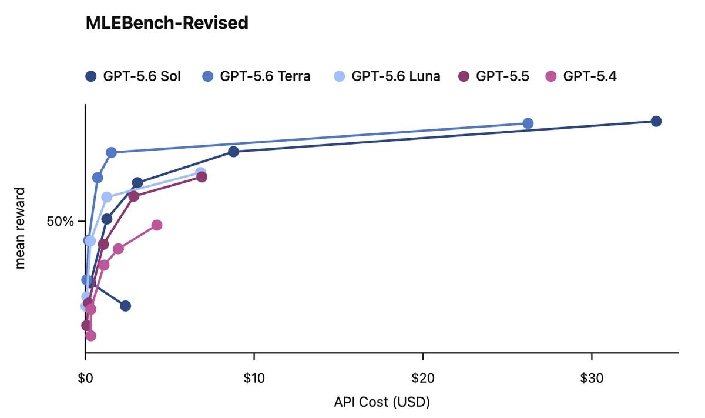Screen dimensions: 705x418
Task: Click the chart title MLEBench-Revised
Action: tap(167, 23)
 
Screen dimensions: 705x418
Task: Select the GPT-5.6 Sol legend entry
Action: tap(133, 76)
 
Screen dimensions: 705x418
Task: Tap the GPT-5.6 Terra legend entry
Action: tap(256, 76)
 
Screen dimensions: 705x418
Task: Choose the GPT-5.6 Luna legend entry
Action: tap(387, 76)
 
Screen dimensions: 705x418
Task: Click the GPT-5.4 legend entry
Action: tap(581, 76)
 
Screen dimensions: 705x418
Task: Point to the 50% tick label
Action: tap(60, 222)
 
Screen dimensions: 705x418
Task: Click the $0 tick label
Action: tap(85, 378)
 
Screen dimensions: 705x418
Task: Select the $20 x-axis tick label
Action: tap(422, 378)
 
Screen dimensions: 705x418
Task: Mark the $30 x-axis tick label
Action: tap(592, 378)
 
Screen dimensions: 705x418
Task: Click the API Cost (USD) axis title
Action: tap(382, 402)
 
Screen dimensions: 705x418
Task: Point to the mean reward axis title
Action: tap(20, 228)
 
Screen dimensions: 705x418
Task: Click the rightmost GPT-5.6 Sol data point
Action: tap(656, 121)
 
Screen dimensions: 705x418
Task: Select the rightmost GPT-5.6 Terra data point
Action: tap(528, 123)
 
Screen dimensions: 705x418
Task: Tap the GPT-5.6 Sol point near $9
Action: tap(234, 152)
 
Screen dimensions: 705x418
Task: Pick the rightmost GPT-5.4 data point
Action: tap(157, 225)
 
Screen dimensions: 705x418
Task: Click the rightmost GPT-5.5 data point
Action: tap(202, 177)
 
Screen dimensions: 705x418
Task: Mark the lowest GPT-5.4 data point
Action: tap(90, 336)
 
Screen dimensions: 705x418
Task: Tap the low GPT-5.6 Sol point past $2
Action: tap(125, 306)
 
